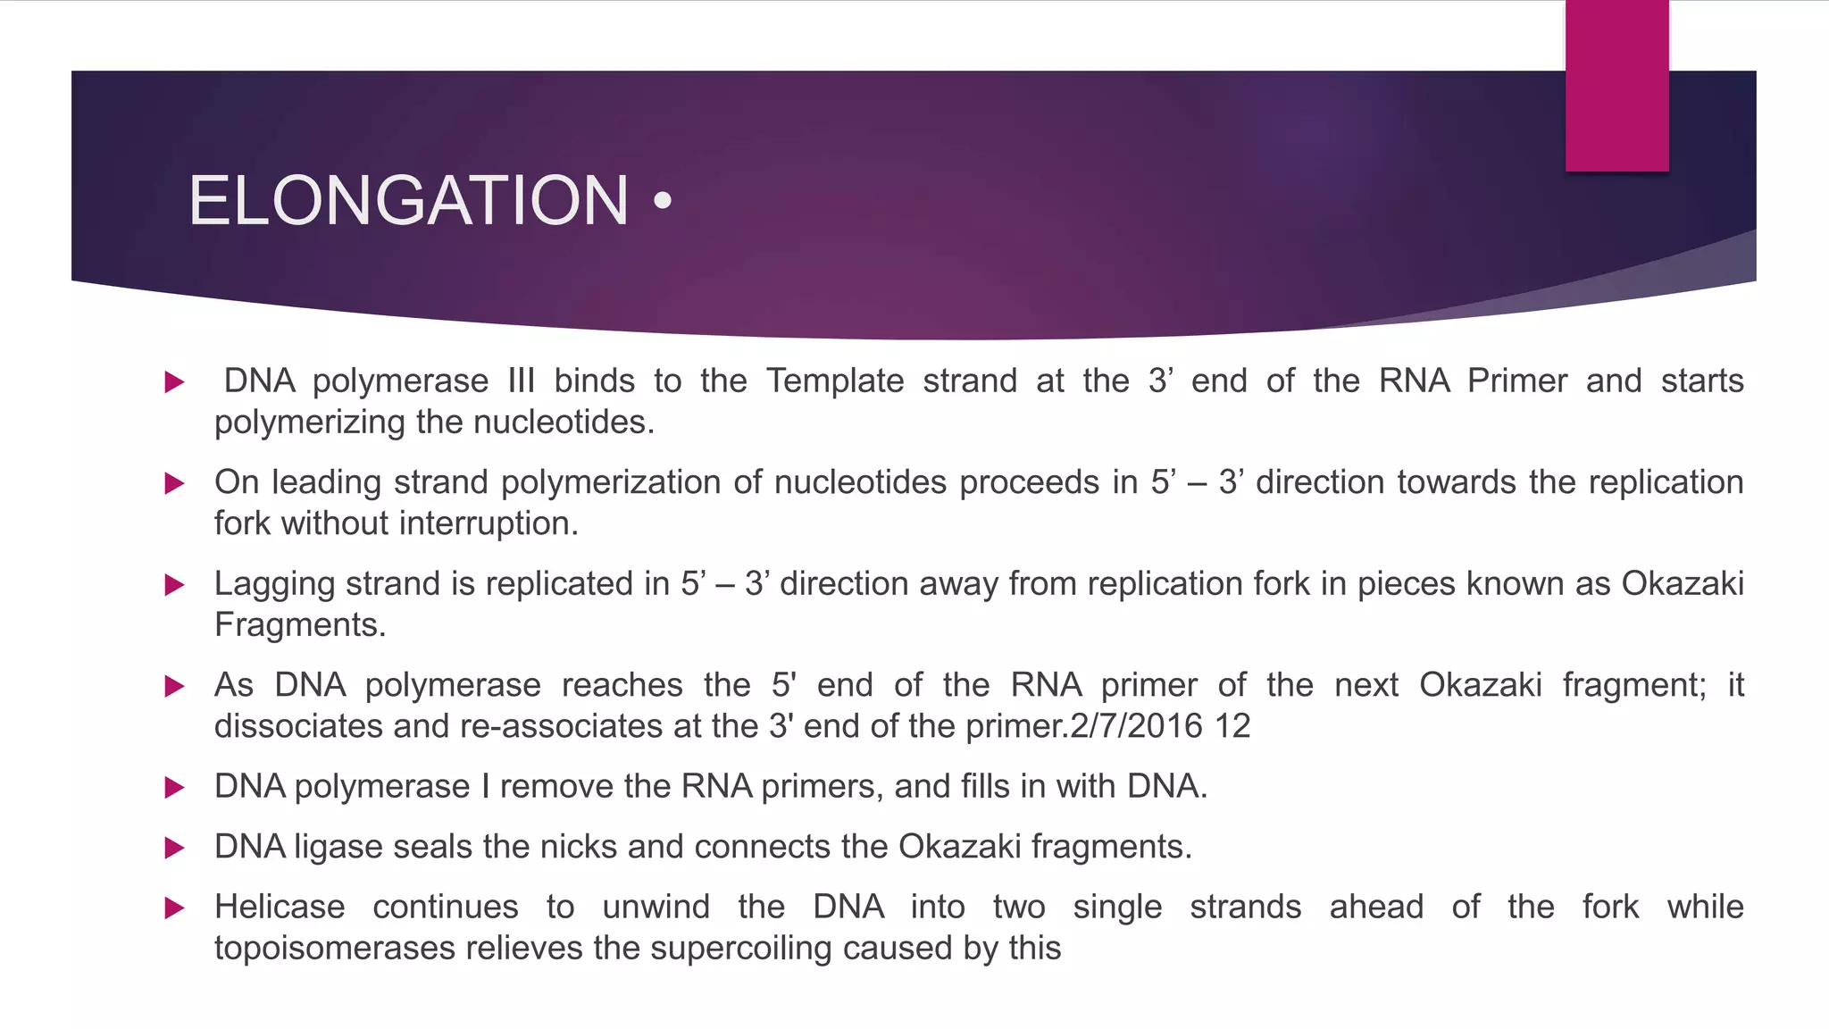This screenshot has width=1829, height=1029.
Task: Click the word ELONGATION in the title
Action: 408,201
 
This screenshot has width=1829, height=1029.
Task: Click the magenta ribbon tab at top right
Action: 1616,86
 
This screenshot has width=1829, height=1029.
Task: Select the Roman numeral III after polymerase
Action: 521,381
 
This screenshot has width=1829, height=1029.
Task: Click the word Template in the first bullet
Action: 835,381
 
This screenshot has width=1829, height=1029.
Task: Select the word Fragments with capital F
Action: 299,625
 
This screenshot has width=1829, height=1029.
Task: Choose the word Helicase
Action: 280,908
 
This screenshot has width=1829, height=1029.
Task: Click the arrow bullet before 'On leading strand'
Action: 174,484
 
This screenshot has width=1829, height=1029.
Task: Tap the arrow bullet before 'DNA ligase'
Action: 174,848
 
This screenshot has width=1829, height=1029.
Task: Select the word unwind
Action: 656,908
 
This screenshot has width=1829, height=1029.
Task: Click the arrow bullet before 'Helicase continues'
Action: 174,908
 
